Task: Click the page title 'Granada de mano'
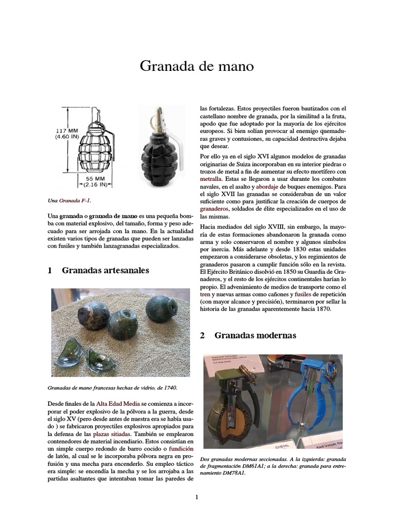197,67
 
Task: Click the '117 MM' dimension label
66,131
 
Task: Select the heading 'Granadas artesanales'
105,270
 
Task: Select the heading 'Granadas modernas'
255,335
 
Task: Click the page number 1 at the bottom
196,497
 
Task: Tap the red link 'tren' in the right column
205,295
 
